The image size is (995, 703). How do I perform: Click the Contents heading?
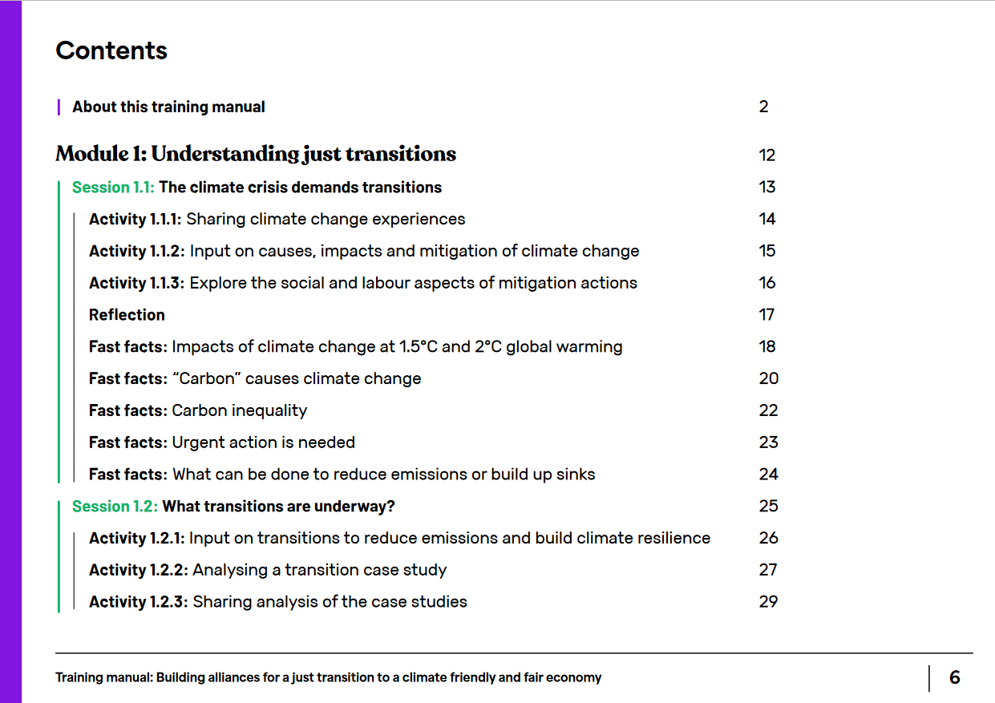click(111, 51)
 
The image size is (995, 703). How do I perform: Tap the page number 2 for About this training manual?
click(763, 107)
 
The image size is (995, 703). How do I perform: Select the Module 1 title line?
click(256, 154)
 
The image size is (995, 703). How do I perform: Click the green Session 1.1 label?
click(113, 187)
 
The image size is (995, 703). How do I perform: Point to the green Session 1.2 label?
click(115, 506)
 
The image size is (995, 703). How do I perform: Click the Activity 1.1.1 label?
click(135, 219)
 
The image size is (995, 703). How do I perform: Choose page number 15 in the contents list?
click(766, 251)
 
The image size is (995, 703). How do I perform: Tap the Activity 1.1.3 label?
click(137, 283)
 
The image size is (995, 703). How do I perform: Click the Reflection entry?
click(127, 315)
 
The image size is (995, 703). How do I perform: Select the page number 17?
click(766, 315)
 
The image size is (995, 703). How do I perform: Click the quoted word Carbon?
click(207, 378)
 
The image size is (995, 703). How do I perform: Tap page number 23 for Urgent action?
click(768, 442)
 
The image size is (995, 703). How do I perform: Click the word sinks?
click(576, 475)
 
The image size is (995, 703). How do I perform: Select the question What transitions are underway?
click(278, 507)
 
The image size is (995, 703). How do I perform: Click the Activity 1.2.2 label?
click(139, 570)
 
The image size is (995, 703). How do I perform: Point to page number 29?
click(768, 602)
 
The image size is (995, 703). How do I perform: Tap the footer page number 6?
click(955, 677)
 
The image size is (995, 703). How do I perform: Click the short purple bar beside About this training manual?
click(59, 107)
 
